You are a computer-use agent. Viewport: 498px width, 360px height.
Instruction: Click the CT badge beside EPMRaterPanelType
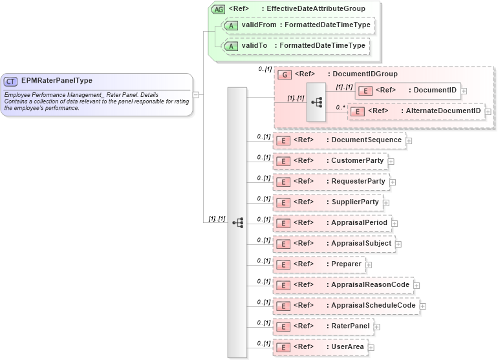point(11,81)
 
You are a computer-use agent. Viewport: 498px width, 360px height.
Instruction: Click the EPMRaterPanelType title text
point(56,81)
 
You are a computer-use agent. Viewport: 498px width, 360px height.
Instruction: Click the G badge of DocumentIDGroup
point(283,74)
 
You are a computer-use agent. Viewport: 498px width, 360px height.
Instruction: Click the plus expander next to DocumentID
point(464,91)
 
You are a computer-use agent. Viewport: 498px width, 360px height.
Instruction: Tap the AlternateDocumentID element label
point(444,111)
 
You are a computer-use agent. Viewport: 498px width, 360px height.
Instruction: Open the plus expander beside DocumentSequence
point(409,140)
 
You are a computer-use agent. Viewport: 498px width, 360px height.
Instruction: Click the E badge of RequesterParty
point(282,182)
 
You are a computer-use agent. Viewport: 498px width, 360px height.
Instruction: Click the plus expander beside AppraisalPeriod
point(395,223)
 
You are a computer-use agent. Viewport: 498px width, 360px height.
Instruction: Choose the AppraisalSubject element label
point(359,244)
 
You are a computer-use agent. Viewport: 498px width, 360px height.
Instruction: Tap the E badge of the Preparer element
point(282,264)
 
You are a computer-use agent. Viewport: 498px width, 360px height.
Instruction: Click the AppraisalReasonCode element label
point(369,285)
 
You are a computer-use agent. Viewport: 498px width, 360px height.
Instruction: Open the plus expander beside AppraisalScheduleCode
point(423,306)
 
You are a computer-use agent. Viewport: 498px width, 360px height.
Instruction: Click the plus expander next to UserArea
point(371,348)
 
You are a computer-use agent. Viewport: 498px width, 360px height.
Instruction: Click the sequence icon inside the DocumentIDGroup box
point(316,101)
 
